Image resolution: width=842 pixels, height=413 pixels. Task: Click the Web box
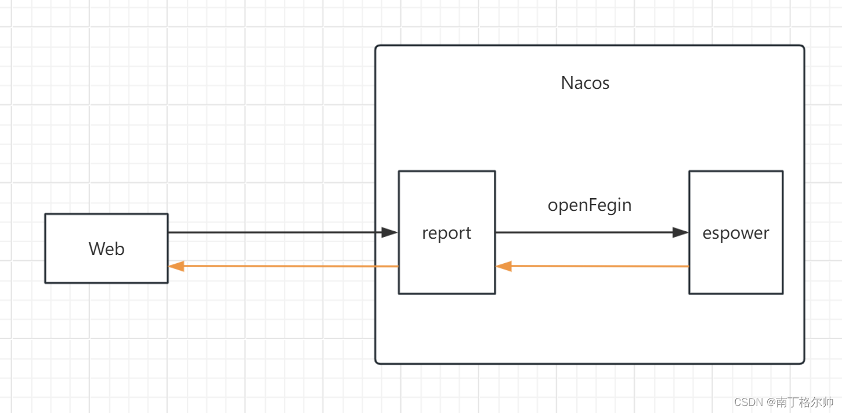[106, 248]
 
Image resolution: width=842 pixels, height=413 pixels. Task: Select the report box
[446, 232]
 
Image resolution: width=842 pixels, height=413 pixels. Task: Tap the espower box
[735, 232]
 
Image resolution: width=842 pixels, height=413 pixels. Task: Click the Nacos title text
[585, 83]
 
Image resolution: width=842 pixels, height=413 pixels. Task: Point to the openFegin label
[590, 205]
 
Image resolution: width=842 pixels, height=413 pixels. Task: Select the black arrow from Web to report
[273, 232]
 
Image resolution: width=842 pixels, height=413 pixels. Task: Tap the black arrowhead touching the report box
[390, 232]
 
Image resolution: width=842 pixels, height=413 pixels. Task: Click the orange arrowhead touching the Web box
[176, 266]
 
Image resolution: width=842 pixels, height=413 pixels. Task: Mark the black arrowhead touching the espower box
[680, 232]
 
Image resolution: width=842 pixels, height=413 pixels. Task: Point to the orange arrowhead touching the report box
[504, 266]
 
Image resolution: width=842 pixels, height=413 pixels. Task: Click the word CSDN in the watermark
[748, 402]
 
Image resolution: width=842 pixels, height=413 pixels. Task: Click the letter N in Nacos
[566, 83]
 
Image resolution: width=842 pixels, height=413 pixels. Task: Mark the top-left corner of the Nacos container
[377, 46]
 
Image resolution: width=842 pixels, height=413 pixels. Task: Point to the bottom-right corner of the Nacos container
[803, 362]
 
